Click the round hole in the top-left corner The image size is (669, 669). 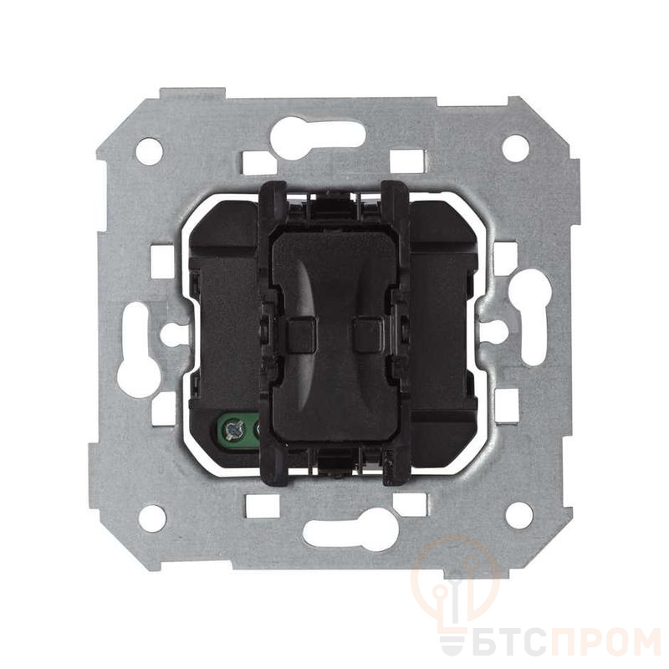tap(150, 151)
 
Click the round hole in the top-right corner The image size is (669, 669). tap(515, 148)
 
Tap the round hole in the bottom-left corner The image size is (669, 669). tap(152, 518)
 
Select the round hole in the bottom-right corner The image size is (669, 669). tap(518, 515)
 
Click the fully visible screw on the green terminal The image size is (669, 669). tap(235, 429)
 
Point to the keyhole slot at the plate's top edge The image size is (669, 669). tap(318, 137)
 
